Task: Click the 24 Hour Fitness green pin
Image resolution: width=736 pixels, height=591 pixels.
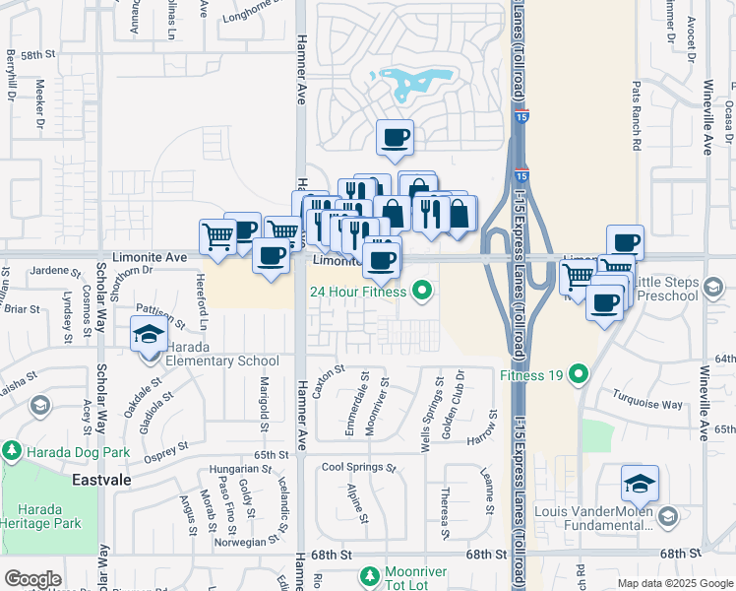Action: point(423,291)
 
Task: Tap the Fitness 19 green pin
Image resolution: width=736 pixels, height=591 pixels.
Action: point(578,373)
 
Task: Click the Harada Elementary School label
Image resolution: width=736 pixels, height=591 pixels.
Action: point(215,361)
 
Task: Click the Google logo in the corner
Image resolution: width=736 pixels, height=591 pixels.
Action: point(32,579)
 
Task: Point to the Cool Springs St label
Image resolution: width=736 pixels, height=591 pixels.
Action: point(358,467)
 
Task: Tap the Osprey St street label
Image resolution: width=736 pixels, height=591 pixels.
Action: point(164,450)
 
